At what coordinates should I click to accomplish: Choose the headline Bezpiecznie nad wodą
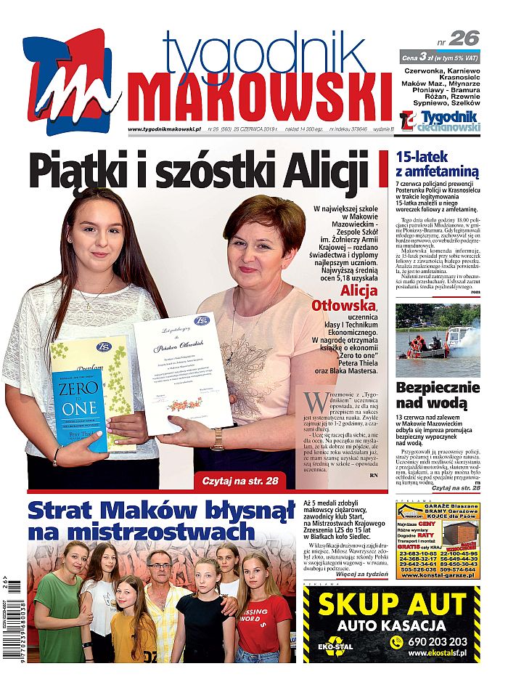[438, 395]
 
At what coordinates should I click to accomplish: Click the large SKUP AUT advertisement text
[392, 605]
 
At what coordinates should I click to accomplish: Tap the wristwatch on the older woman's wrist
[218, 439]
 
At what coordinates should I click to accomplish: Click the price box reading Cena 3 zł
[440, 57]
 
